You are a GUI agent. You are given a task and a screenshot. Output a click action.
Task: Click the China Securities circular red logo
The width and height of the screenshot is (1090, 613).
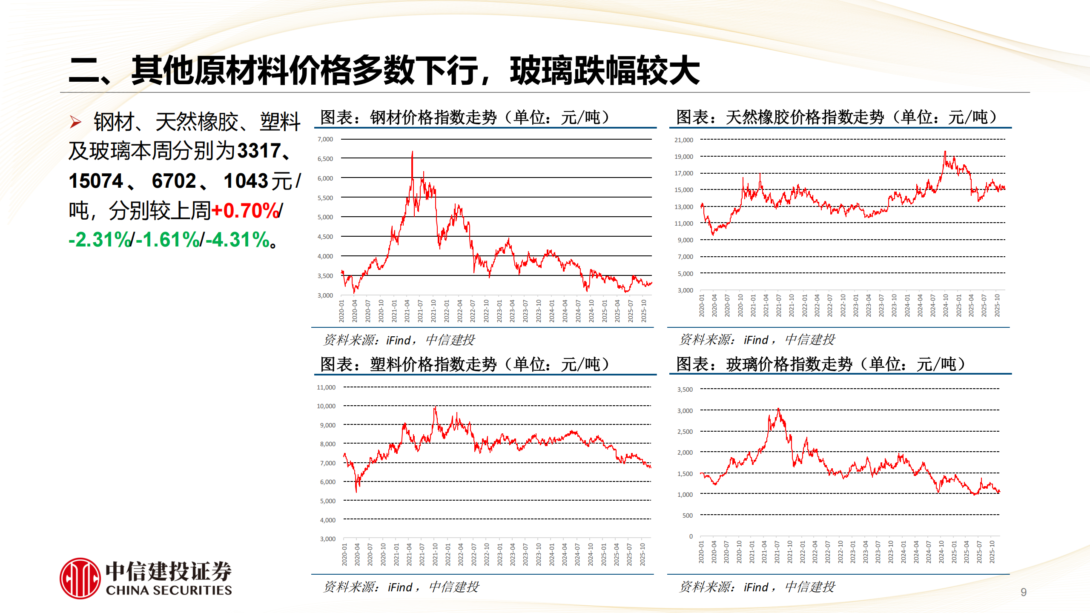coord(80,579)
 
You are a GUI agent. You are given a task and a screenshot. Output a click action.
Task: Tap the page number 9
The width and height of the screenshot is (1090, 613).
coord(1024,592)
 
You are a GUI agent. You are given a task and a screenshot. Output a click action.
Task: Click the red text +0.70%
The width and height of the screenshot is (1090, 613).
coord(245,211)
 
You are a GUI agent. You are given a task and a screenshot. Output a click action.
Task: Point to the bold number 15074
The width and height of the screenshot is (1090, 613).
coord(96,181)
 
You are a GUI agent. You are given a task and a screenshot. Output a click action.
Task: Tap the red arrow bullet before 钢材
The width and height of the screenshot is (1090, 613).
coord(75,123)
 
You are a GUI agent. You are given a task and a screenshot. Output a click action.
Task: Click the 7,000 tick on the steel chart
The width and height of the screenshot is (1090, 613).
coord(325,139)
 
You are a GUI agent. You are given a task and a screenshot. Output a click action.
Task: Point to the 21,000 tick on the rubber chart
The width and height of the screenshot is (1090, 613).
coord(683,140)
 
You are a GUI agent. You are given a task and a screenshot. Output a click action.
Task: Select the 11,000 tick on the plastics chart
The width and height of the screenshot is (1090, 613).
coord(326,387)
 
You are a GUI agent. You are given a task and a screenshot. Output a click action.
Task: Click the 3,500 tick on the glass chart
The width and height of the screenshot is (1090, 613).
coord(685,390)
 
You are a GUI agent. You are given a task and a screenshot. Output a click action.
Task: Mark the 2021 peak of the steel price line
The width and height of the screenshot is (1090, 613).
coord(412,152)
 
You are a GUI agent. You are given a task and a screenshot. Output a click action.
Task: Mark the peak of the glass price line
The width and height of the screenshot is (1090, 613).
coord(778,409)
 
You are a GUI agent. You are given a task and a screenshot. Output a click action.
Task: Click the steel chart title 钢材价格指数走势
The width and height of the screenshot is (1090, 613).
coord(433,117)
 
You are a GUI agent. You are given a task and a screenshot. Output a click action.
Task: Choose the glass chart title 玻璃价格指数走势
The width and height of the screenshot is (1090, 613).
coord(789,364)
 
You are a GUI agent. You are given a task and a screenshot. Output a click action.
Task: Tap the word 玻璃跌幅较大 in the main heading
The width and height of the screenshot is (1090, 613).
coord(605,71)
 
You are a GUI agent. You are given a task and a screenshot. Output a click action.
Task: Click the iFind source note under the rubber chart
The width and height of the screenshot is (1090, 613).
coord(757,340)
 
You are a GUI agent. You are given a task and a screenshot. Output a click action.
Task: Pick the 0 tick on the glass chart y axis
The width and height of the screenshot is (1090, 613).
coord(691,536)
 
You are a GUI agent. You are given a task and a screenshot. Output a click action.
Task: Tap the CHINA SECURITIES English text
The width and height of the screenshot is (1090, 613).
coord(169,590)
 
